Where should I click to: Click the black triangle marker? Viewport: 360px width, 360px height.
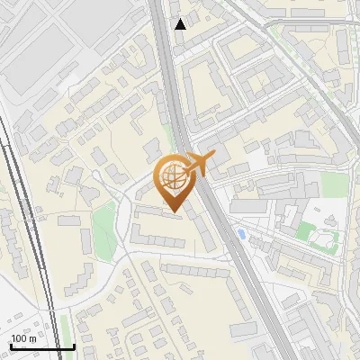click(181, 24)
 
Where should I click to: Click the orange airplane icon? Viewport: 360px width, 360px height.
click(199, 164)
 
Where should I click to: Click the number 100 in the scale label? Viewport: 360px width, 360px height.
click(19, 338)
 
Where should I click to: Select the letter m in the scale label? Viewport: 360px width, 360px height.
click(32, 338)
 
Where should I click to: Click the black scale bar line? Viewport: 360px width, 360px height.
click(41, 346)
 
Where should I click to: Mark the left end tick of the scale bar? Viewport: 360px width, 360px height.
click(10, 345)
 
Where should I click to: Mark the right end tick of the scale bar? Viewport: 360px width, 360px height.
click(74, 345)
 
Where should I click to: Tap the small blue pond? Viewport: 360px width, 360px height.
click(239, 235)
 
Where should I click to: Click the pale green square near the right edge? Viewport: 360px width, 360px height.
click(334, 184)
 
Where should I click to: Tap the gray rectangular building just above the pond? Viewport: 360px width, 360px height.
click(247, 207)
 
